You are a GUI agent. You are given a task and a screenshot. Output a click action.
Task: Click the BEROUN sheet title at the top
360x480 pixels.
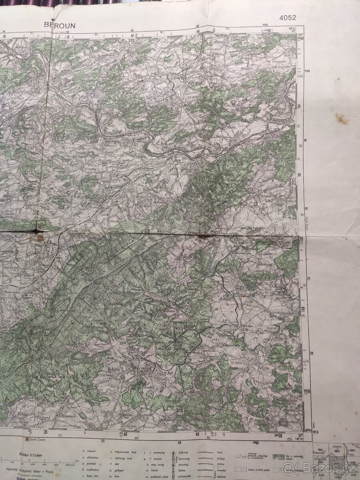60,25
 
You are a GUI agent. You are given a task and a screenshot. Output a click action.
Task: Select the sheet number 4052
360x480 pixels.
288,17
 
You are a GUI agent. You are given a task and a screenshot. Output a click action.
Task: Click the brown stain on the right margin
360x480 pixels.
341,118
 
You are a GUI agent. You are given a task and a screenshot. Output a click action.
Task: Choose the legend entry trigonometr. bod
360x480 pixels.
127,451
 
